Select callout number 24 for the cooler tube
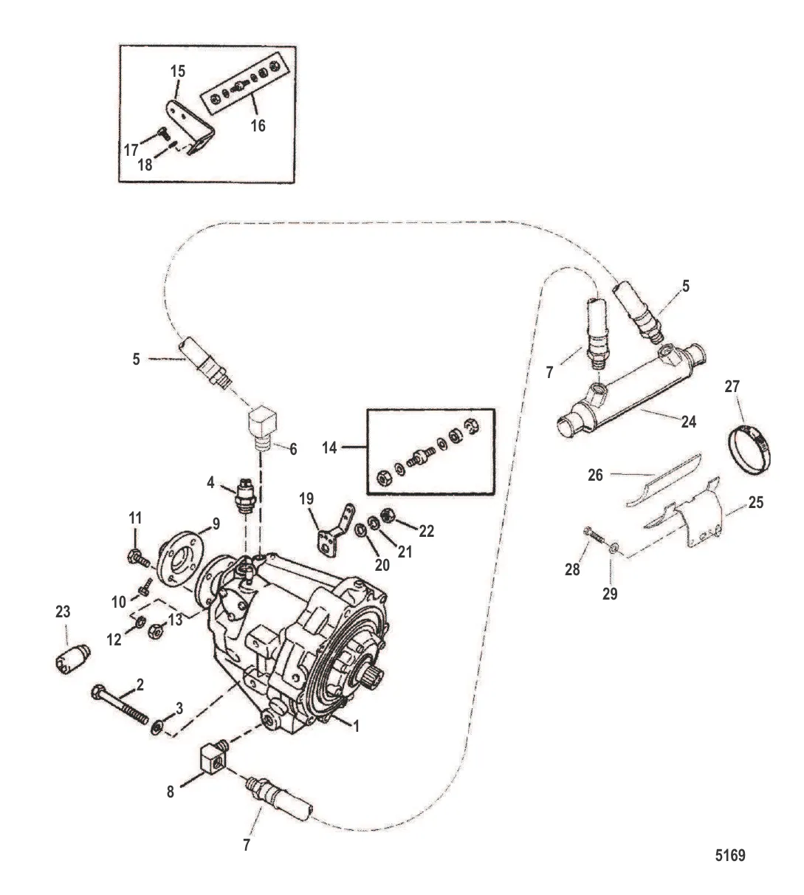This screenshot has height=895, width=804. [x=688, y=422]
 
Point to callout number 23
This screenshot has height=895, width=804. [x=63, y=611]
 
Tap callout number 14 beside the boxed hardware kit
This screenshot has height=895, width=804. [x=330, y=447]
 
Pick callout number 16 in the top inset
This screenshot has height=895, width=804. [x=258, y=126]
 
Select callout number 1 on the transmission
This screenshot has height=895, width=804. [x=355, y=726]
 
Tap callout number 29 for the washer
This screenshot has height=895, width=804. [x=610, y=593]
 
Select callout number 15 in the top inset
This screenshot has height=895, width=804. [x=178, y=71]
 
